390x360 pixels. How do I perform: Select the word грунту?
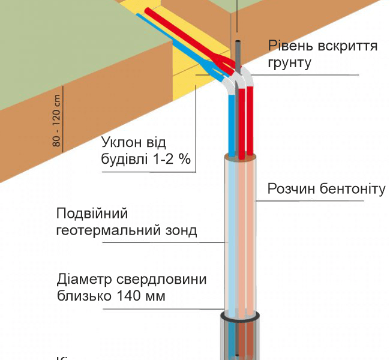coord(290,62)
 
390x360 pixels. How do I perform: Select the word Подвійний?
coord(92,214)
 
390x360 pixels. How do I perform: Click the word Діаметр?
coord(82,280)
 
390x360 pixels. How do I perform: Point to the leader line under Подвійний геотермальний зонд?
coord(162,242)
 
